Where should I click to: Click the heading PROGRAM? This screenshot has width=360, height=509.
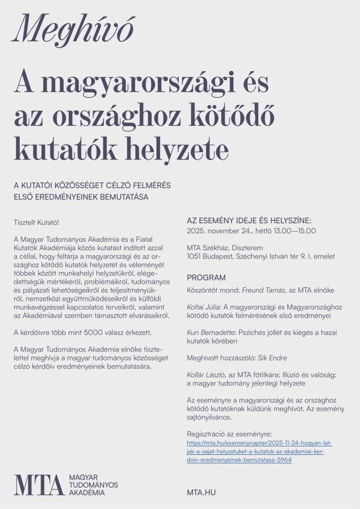tap(206, 277)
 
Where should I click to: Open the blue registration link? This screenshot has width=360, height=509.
tap(259, 451)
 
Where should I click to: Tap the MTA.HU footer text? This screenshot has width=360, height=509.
tap(201, 493)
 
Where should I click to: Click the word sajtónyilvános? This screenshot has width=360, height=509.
tap(209, 417)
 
